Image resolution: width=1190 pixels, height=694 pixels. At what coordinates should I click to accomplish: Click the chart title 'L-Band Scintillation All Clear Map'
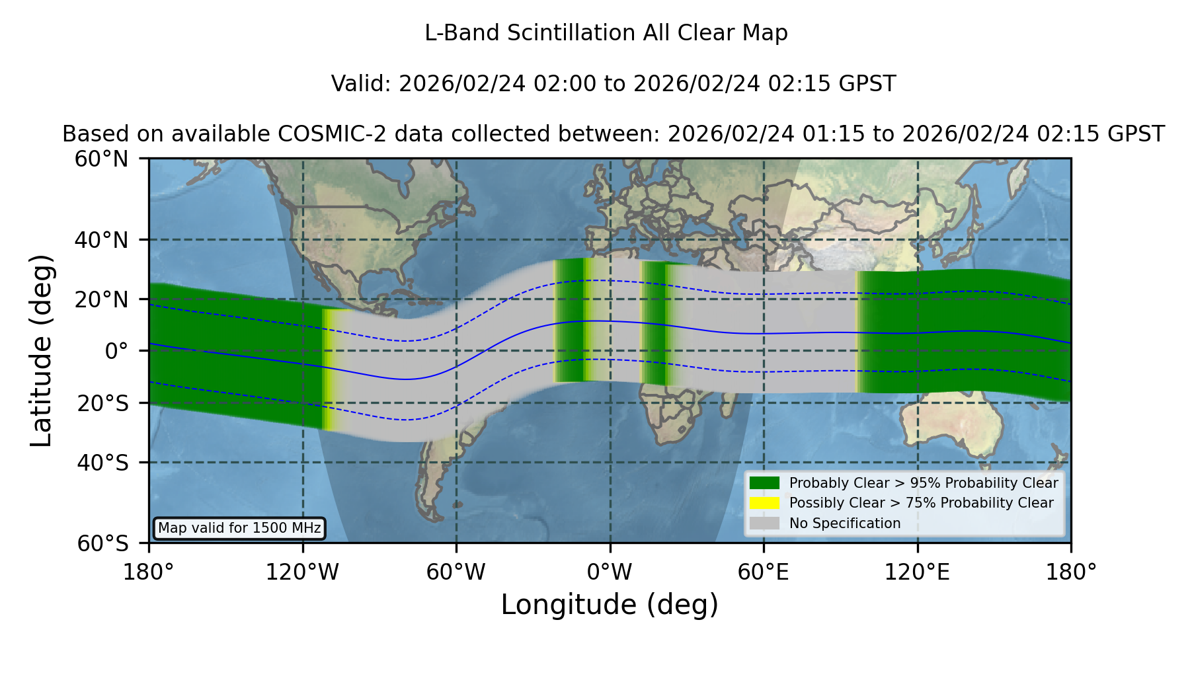coord(606,33)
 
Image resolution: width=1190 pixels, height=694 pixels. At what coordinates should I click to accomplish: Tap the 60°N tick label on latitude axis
coord(101,159)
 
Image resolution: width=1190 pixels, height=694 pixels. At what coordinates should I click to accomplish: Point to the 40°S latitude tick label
coord(102,463)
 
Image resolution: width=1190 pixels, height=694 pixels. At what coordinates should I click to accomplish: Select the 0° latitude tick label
coord(116,351)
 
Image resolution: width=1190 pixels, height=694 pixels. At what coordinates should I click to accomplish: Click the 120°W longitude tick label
coord(302,572)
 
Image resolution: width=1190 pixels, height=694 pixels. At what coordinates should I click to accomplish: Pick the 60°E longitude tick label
coord(764,572)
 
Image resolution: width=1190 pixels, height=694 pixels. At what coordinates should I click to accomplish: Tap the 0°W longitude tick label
coord(610,572)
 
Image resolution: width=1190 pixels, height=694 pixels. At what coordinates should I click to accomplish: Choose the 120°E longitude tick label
coord(917,572)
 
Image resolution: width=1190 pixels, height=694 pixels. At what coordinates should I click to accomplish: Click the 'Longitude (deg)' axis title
coord(610,605)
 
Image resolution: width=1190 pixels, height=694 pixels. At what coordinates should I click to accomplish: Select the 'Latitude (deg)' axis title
coord(41,350)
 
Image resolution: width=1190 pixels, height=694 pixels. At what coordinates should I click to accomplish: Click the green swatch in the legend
coord(764,482)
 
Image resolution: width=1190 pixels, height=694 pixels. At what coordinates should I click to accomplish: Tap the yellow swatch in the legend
coord(764,503)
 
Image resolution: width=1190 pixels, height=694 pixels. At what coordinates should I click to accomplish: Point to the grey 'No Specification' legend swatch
coord(764,523)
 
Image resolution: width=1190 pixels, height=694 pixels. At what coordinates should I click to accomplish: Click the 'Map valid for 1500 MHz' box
coord(239,528)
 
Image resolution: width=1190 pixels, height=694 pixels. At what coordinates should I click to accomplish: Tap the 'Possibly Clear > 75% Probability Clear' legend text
coord(921,503)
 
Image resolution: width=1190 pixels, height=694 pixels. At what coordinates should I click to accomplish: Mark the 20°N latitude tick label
coord(101,299)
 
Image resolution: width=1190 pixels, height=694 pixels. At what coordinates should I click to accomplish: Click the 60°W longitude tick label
coord(456,572)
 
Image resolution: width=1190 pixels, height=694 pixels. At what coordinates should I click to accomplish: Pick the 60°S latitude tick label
coord(102,543)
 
